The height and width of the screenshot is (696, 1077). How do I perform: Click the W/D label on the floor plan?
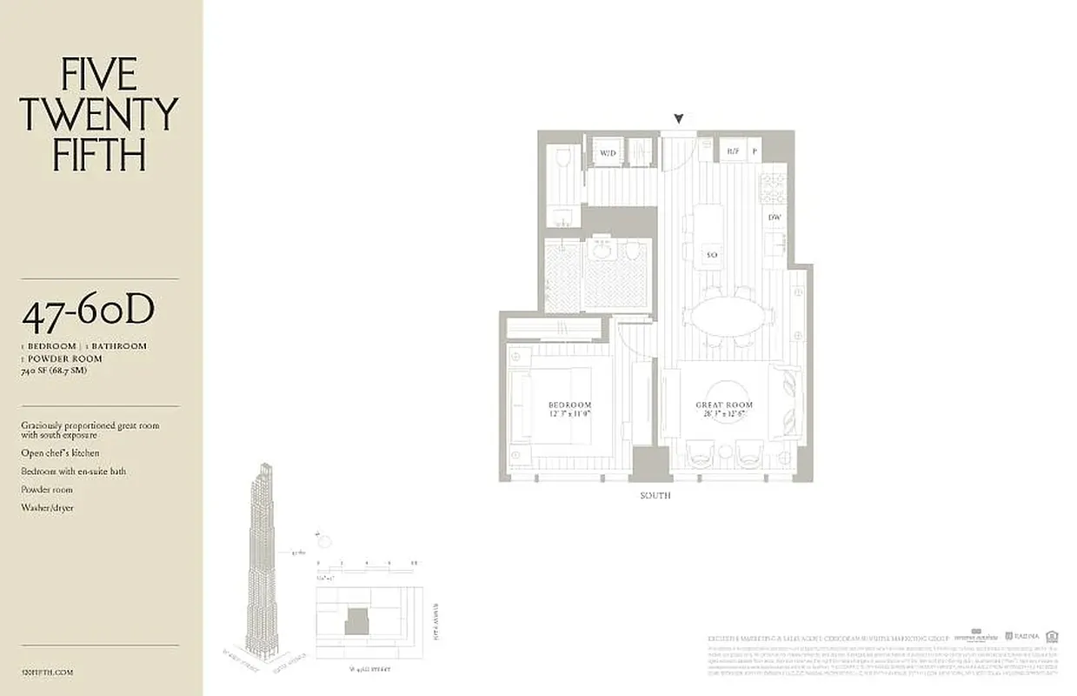click(x=607, y=153)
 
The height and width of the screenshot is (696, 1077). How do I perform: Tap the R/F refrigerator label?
click(x=734, y=152)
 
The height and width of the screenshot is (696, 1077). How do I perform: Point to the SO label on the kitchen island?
click(x=710, y=255)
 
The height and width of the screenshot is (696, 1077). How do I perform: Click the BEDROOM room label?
click(x=569, y=405)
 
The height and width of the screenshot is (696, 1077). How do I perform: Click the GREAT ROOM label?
click(x=723, y=405)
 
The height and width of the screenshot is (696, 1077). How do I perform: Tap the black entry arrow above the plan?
click(x=679, y=119)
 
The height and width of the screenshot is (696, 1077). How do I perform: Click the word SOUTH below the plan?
click(x=655, y=496)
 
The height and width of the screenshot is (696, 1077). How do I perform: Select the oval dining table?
click(x=728, y=317)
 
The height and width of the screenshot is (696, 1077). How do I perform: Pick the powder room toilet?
click(x=562, y=159)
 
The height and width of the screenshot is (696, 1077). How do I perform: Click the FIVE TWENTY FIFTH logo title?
click(x=98, y=114)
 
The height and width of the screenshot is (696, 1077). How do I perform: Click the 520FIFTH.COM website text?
click(x=47, y=672)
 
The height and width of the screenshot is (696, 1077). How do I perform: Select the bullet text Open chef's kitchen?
click(x=60, y=453)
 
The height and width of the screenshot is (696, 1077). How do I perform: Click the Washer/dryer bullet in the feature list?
click(x=47, y=507)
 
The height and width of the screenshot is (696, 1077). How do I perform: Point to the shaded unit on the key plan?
click(x=356, y=621)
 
